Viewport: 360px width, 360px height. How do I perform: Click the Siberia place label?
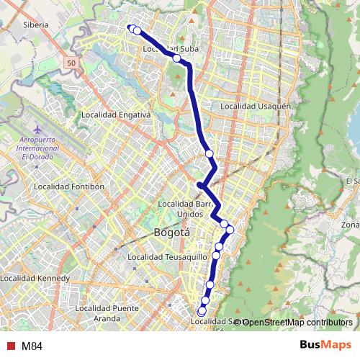[x=35, y=24]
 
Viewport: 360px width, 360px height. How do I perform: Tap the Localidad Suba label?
[x=170, y=49]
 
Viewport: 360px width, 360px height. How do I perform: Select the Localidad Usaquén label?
[x=255, y=107]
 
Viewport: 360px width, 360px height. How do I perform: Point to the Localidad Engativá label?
[x=114, y=114]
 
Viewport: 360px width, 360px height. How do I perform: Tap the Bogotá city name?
[x=171, y=233]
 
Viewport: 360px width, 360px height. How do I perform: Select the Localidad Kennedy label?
[x=35, y=278]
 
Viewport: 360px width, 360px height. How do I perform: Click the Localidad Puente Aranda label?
[x=106, y=312]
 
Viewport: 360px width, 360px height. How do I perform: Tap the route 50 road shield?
[x=72, y=64]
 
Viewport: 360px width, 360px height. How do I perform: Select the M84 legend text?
[x=32, y=345]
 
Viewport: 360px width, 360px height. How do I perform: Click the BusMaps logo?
[x=326, y=345]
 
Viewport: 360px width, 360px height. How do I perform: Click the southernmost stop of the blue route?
[x=202, y=310]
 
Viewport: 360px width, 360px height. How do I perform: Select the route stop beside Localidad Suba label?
[x=176, y=58]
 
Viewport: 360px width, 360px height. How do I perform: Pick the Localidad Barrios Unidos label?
[x=185, y=209]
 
